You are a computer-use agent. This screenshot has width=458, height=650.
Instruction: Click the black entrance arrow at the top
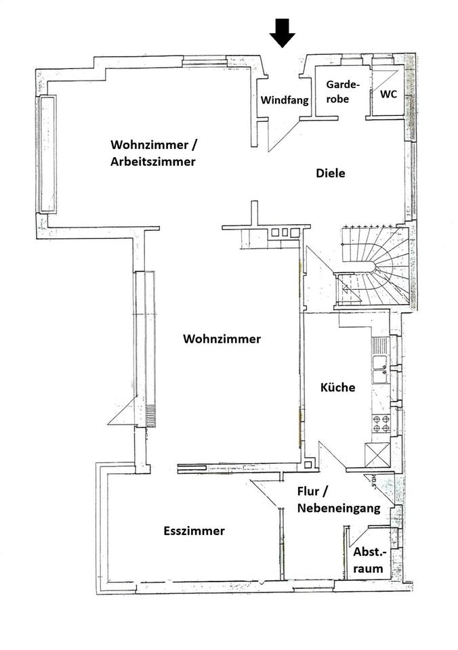click(282, 32)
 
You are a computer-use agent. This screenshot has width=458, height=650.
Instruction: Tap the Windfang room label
click(285, 100)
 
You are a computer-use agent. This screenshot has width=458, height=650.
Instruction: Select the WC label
click(388, 93)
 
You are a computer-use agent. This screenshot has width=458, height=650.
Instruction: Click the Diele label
click(331, 173)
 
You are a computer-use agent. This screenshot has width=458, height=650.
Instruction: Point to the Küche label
click(337, 388)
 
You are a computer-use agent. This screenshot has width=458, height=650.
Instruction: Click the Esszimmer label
click(194, 531)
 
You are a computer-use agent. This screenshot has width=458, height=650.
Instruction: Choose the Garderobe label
click(337, 91)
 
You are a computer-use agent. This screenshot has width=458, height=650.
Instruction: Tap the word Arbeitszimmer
click(153, 162)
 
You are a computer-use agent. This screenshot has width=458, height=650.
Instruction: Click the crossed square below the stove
click(377, 453)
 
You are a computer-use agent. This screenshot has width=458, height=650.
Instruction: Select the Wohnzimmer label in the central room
click(222, 339)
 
